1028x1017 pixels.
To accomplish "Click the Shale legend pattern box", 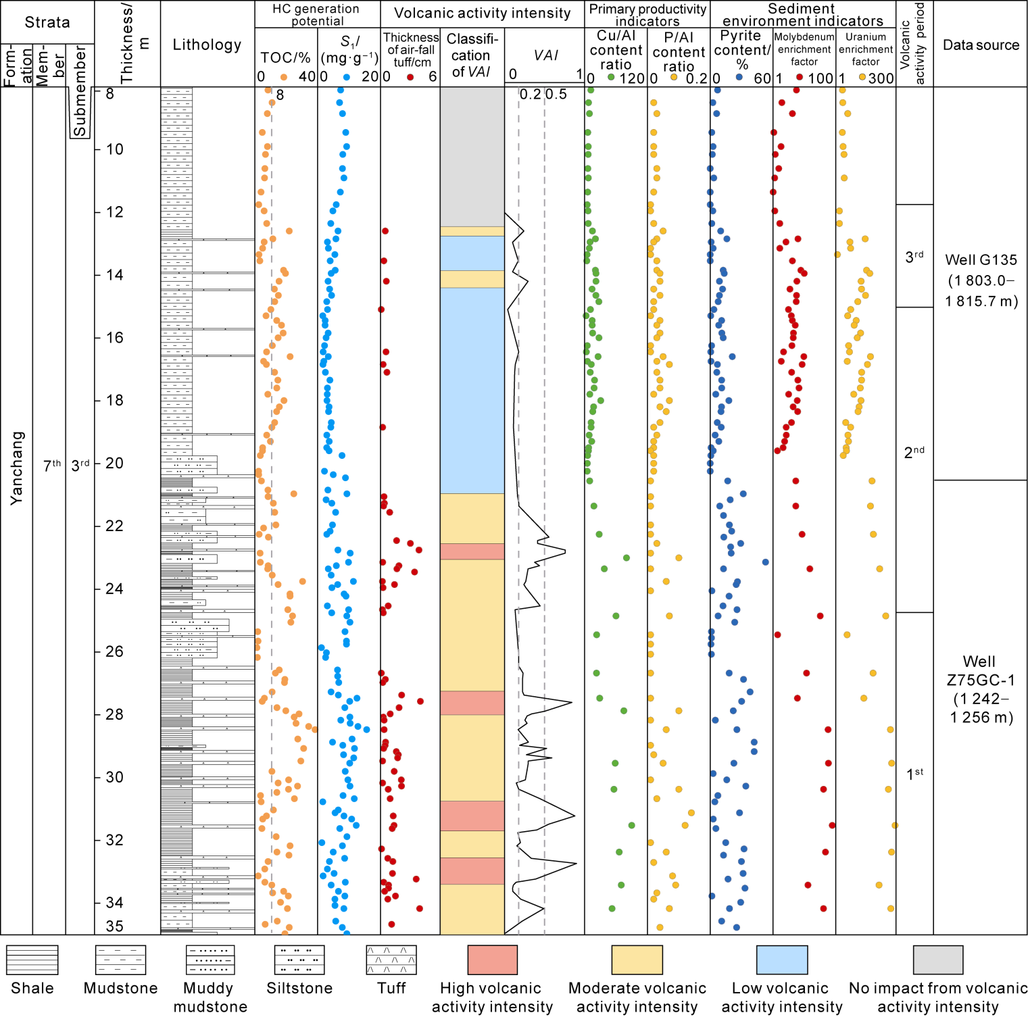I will (x=32, y=960).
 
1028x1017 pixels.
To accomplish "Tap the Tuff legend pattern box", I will (x=391, y=960).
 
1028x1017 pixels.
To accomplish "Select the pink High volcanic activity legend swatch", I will (x=492, y=960).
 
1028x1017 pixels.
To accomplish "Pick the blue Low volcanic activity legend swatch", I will (x=781, y=960).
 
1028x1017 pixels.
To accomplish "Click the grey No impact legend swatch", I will (x=937, y=960).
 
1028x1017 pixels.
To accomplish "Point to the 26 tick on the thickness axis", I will (x=114, y=651).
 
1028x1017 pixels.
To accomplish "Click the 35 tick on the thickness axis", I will (x=114, y=926).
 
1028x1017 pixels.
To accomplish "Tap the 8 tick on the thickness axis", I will (x=109, y=93).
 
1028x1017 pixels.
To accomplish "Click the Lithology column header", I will (x=207, y=45).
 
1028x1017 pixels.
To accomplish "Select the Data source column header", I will (x=981, y=45).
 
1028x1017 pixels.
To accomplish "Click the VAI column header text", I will (x=545, y=55).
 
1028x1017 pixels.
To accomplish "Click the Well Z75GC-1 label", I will (x=980, y=689).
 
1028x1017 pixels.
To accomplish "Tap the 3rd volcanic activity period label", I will (x=914, y=256).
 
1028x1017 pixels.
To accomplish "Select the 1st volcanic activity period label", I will (x=914, y=773).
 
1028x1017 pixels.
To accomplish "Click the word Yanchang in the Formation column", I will (x=16, y=468).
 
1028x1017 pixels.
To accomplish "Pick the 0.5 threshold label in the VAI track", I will (x=556, y=95).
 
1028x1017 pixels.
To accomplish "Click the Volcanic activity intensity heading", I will (x=482, y=13).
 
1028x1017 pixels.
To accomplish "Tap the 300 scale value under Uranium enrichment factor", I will (x=881, y=78).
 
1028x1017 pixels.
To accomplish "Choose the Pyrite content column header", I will (x=741, y=50).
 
